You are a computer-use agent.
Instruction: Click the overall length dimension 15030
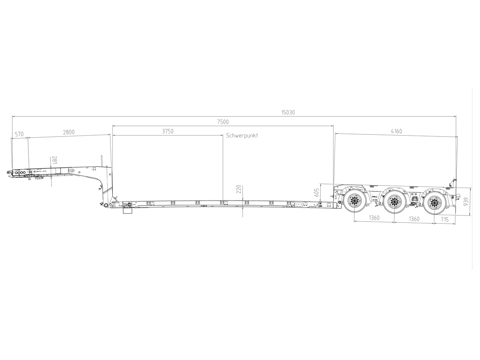(288, 112)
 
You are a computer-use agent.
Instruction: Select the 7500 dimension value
(223, 122)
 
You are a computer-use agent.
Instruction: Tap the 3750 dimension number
(168, 131)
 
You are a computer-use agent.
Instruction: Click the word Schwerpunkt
(242, 136)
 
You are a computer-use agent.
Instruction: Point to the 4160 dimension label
(396, 131)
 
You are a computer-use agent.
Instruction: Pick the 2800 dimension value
(69, 132)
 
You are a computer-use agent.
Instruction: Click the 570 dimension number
(19, 134)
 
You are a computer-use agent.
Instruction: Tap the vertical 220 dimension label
(239, 189)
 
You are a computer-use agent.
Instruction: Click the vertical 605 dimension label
(316, 192)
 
